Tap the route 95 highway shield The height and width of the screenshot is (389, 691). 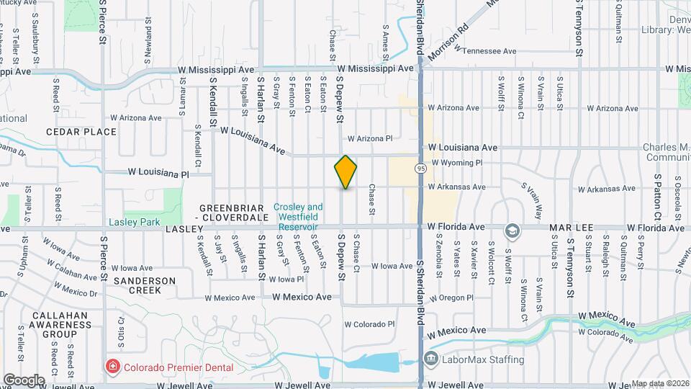pos(419,168)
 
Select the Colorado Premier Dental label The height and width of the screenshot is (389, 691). pos(178,367)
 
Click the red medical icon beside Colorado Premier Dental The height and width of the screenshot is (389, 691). pos(112,367)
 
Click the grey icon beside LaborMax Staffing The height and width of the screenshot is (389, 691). pos(430,358)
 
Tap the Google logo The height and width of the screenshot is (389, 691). pos(24,380)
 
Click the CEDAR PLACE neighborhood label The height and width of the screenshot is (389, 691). pos(81,132)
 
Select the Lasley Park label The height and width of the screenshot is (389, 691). pos(134,222)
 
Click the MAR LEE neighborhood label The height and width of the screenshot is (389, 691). pos(571,228)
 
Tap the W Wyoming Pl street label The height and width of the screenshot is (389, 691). pos(457,163)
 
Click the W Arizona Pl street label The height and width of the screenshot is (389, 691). pos(369,138)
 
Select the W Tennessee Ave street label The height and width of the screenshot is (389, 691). pos(489,51)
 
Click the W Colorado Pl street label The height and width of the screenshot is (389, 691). pos(370,323)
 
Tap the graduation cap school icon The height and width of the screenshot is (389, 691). pos(512,231)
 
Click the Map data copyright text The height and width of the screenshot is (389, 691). pos(658,383)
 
